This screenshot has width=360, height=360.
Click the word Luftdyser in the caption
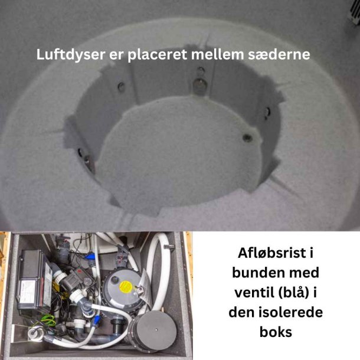click(71, 55)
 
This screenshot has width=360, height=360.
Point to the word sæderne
click(279, 55)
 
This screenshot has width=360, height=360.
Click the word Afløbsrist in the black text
click(272, 253)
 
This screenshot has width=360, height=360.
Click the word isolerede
click(292, 312)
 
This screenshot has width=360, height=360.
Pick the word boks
click(276, 332)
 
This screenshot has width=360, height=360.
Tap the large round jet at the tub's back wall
click(199, 84)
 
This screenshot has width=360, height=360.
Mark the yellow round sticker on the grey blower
click(126, 287)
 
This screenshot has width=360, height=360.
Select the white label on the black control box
click(27, 292)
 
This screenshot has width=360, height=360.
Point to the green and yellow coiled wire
click(48, 320)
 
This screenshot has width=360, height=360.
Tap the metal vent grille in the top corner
click(355, 11)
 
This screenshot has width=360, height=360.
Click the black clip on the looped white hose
click(169, 247)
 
